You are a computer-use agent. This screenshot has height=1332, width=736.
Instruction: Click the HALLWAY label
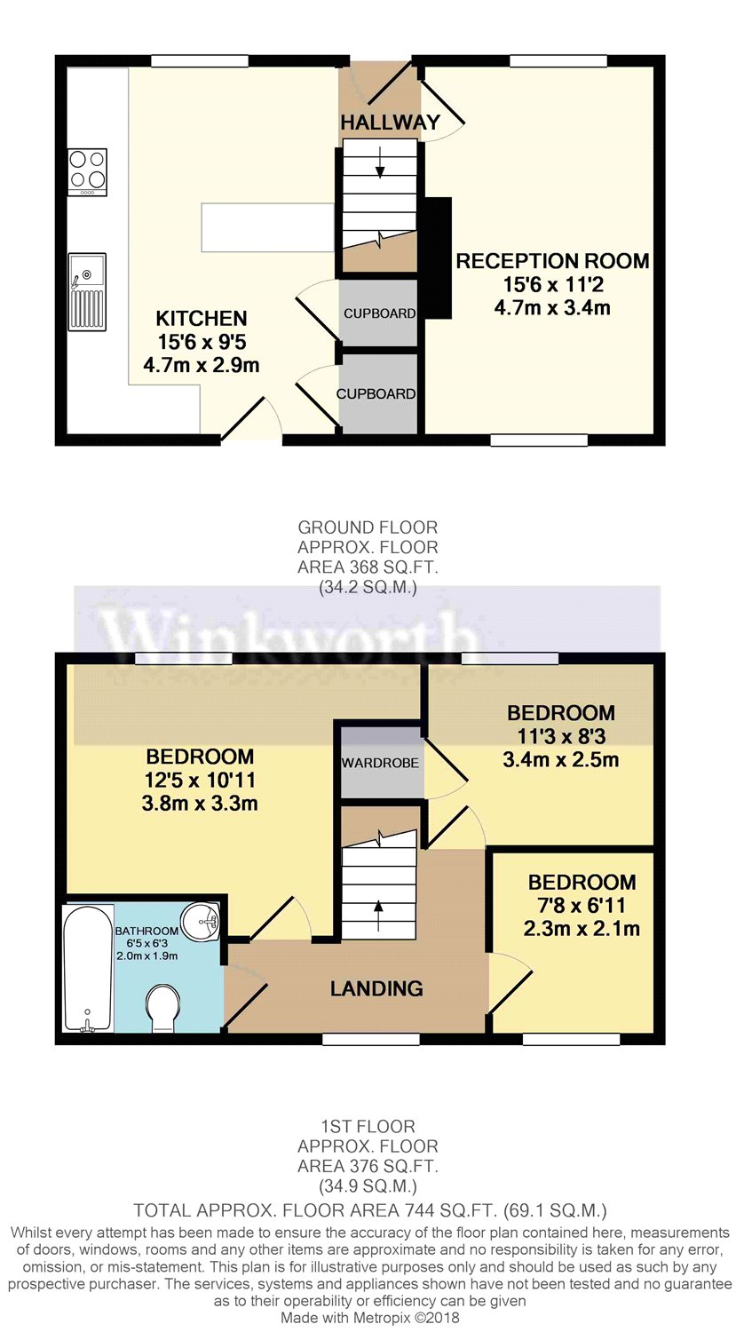[389, 123]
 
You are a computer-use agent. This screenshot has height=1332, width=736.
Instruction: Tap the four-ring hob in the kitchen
[87, 170]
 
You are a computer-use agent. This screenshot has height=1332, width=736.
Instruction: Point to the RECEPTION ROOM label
[552, 261]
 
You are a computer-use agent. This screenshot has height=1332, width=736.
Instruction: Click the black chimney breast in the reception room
[435, 258]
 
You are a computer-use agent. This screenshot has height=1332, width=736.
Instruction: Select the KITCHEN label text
[202, 318]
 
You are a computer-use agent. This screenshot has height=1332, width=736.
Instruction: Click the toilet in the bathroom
[165, 1010]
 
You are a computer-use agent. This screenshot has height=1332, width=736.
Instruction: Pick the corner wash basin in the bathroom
[202, 920]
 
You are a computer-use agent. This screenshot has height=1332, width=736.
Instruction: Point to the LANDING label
[376, 988]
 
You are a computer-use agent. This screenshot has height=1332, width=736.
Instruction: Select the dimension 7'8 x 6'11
[582, 906]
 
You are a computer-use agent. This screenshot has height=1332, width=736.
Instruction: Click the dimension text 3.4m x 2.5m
[560, 760]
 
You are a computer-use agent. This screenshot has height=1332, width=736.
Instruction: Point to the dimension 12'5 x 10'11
[200, 781]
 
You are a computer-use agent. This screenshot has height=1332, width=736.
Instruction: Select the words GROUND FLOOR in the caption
[368, 527]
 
